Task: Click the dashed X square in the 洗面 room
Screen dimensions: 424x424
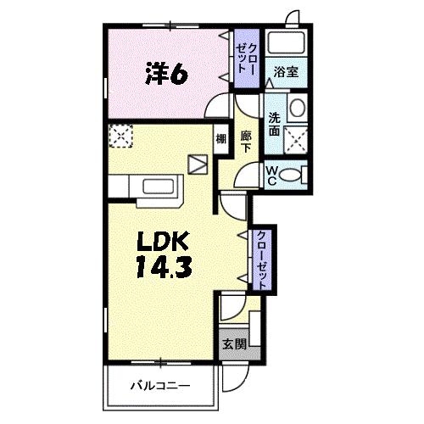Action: pyautogui.click(x=296, y=140)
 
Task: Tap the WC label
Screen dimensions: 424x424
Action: pyautogui.click(x=273, y=174)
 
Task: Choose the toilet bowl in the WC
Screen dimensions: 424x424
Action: pyautogui.click(x=293, y=175)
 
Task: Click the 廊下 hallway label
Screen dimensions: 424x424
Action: pyautogui.click(x=246, y=141)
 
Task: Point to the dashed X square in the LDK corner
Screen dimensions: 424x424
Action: pyautogui.click(x=122, y=134)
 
